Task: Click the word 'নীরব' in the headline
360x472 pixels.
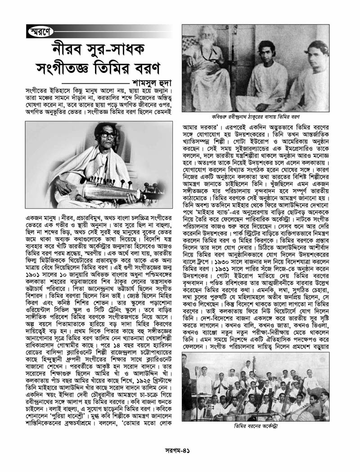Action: (67, 50)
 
